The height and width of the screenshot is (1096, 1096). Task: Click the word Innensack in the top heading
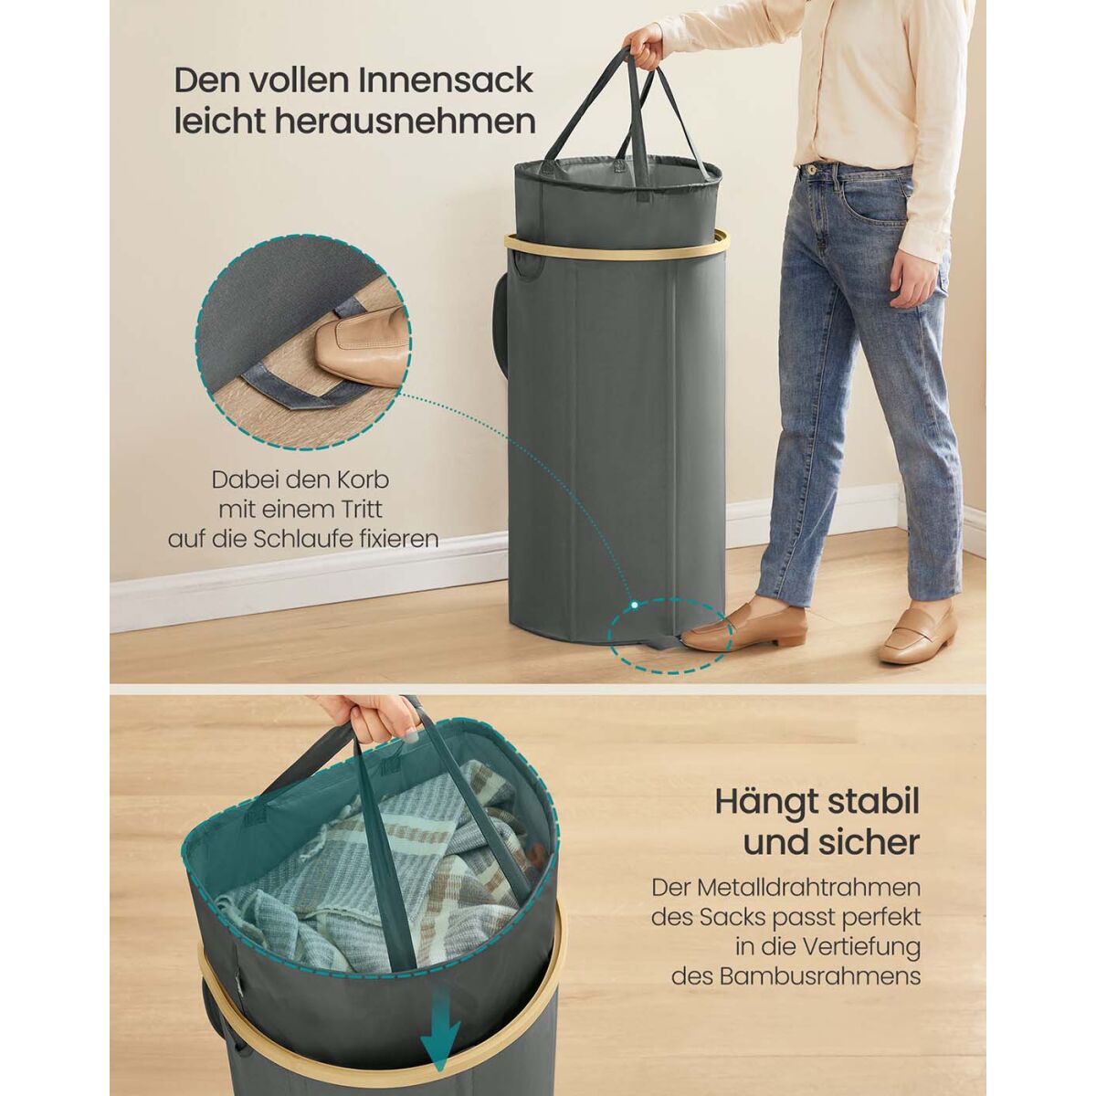tap(446, 80)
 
